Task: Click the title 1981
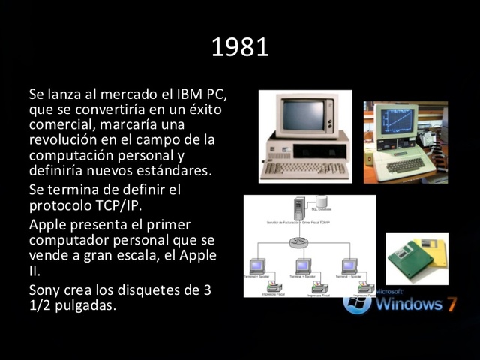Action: pos(240,48)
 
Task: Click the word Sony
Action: pos(44,291)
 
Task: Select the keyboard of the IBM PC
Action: pos(304,169)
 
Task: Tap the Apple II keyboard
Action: pos(405,163)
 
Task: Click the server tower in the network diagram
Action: pos(299,207)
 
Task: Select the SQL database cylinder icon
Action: pos(322,202)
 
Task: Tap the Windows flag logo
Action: pos(357,302)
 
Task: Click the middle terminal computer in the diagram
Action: pos(303,265)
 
